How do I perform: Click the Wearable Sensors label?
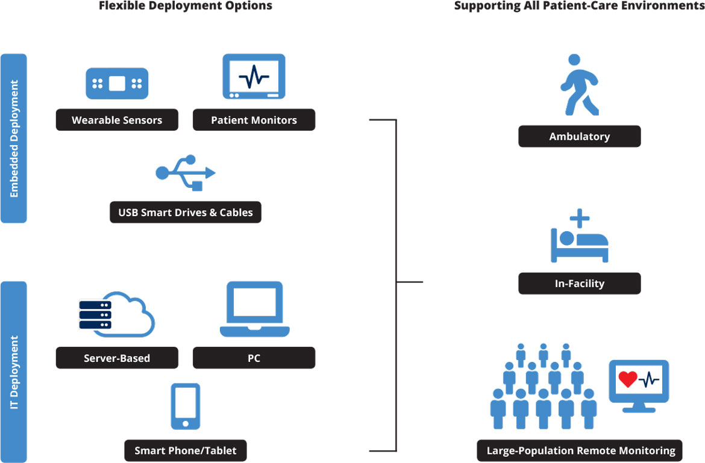(117, 120)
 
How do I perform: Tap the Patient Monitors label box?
(254, 120)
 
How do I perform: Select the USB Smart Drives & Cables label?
(186, 212)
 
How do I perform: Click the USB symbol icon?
(186, 173)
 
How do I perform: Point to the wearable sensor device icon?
(117, 83)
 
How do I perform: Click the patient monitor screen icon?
(254, 76)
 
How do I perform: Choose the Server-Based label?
(117, 358)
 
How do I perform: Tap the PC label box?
(254, 358)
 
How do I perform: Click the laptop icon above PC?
(254, 309)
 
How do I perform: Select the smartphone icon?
(186, 406)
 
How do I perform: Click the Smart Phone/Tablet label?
(186, 450)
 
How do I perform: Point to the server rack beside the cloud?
(95, 315)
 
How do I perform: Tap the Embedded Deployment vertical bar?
(14, 138)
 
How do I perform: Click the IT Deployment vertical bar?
(14, 371)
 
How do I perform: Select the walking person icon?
(579, 85)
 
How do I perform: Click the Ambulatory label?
(579, 136)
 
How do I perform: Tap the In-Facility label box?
(579, 283)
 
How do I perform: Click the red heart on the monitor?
(628, 379)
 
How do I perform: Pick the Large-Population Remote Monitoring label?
(579, 450)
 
